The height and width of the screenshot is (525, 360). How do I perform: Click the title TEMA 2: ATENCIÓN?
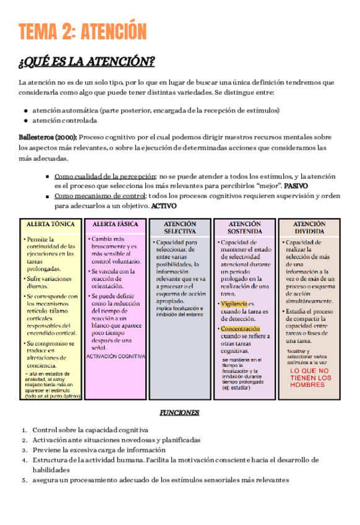click(82, 32)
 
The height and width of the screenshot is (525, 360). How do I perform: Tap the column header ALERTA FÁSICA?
click(115, 223)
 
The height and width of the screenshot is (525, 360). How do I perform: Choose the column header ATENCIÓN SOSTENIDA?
click(244, 227)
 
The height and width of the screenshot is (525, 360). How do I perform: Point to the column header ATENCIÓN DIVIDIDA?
click(309, 227)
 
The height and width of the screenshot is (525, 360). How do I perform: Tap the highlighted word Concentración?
click(240, 329)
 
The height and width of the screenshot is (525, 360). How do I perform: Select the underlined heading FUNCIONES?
click(179, 412)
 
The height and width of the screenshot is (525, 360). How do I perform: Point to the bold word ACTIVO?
click(164, 206)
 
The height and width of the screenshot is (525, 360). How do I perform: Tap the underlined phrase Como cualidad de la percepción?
click(105, 176)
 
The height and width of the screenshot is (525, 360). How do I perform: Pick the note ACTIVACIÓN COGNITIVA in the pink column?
click(116, 357)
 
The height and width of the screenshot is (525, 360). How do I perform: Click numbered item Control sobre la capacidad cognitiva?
click(90, 430)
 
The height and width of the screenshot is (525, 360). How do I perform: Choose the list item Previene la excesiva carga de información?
click(99, 449)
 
